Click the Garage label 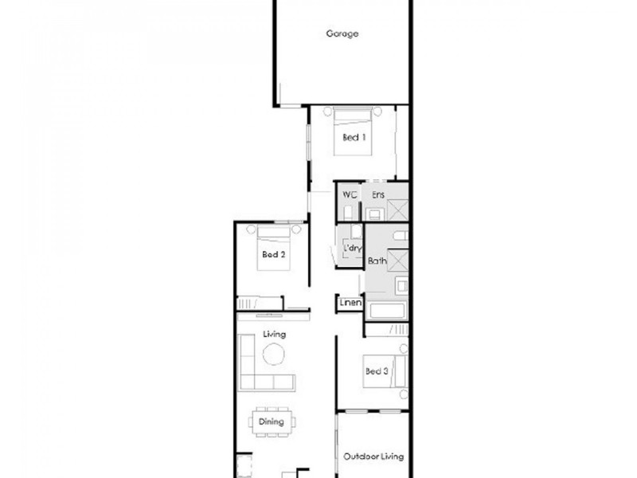(x=342, y=33)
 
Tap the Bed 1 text (x=354, y=137)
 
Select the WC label (x=349, y=194)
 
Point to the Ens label (x=377, y=194)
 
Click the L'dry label (x=353, y=249)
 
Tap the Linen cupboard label (x=351, y=304)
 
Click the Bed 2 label (x=273, y=255)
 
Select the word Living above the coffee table (x=275, y=335)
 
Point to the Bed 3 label (x=377, y=370)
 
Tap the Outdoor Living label (x=373, y=457)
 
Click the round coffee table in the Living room (x=274, y=355)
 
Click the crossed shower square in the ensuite (x=397, y=210)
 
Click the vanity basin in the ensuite (x=373, y=214)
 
